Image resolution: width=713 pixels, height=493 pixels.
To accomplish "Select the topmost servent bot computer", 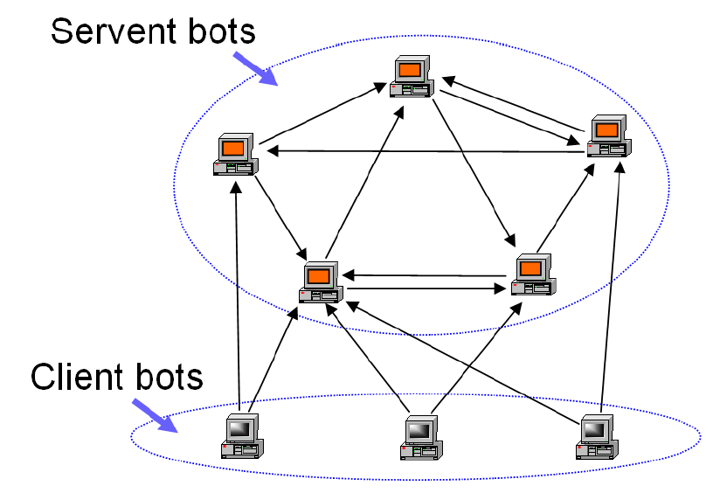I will coord(412,77).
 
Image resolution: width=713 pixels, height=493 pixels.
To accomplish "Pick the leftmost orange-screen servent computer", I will coord(234,156).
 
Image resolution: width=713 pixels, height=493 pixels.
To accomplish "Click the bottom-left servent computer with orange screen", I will coord(319,282).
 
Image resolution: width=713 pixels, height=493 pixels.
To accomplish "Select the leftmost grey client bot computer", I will coord(241,436).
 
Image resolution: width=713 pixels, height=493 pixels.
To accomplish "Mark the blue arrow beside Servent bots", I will coord(255,67).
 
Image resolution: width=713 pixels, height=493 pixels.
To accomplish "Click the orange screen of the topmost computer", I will coord(409,68).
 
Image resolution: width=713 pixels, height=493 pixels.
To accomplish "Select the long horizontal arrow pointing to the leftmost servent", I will coord(428,152).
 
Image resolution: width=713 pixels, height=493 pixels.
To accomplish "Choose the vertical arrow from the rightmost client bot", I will coord(611,288).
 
